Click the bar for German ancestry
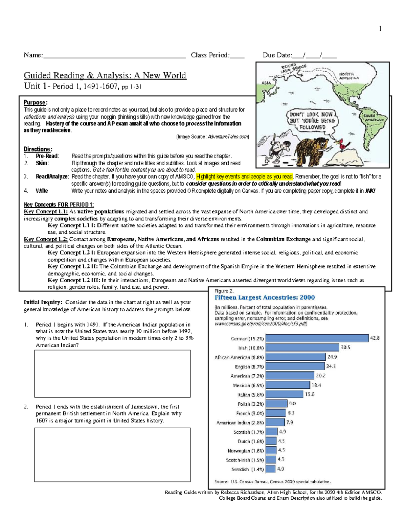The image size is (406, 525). tap(317, 338)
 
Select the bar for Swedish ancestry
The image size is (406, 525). tap(270, 469)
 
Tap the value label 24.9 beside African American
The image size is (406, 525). tap(332, 357)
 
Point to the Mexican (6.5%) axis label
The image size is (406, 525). tap(248, 385)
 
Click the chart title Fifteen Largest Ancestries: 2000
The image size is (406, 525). tap(265, 297)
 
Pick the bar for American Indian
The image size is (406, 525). tap(275, 422)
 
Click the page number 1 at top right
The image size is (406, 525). tap(380, 29)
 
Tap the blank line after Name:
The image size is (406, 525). tap(114, 55)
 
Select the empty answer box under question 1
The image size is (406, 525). tap(112, 374)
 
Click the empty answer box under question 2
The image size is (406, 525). tap(112, 455)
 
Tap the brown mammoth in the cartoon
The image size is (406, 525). tap(312, 148)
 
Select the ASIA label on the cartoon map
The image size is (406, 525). tap(266, 82)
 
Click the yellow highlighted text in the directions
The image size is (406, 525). tap(244, 176)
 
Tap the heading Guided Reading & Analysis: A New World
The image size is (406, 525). tap(105, 75)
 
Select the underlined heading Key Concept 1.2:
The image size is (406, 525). tap(46, 239)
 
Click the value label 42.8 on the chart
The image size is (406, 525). tap(375, 338)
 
